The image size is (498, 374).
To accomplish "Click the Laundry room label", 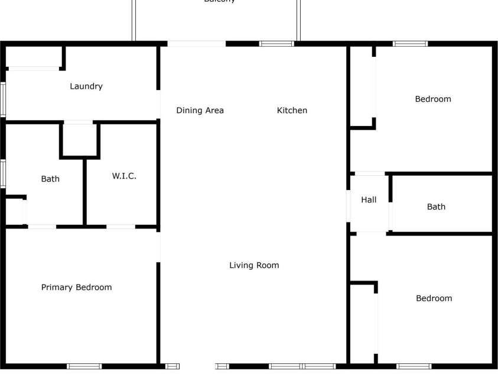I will coord(86,86).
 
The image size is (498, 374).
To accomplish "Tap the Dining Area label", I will coord(200,110).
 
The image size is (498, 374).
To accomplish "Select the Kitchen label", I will coord(292,110).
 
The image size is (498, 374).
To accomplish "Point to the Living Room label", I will coord(254,265).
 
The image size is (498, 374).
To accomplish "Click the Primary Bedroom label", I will coord(76,288).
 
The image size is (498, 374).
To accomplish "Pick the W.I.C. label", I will coord(124,176).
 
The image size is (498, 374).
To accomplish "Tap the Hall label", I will coord(369,200).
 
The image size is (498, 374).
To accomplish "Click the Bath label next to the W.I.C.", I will coord(50,179).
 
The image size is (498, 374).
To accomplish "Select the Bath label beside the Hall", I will coord(436,207).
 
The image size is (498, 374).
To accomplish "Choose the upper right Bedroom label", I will coord(433,99).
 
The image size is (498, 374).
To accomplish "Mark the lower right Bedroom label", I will coord(434,298).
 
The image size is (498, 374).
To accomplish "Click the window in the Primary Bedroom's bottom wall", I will coord(84,366).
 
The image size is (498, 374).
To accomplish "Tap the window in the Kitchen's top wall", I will coord(276,43).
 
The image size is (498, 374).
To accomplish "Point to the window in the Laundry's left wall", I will coord(3,98).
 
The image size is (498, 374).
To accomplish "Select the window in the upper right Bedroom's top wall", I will coord(411,43).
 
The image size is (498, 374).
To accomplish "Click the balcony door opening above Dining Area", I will coord(196,43).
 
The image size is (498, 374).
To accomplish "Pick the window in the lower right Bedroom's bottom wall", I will coord(414,366).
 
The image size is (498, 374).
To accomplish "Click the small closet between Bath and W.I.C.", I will coord(79,140).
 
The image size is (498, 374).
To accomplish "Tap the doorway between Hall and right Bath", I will coord(390,216).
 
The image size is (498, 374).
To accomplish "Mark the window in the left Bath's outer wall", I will coord(3,173).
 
